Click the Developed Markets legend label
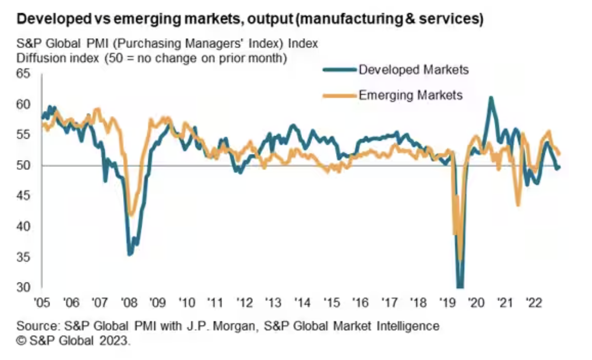[414, 70]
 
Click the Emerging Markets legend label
[410, 95]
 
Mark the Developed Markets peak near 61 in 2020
[491, 98]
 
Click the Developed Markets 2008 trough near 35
[130, 254]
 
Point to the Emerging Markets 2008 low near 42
[132, 214]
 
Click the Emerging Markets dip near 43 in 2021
[518, 205]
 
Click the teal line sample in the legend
[339, 70]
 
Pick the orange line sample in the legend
[339, 95]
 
